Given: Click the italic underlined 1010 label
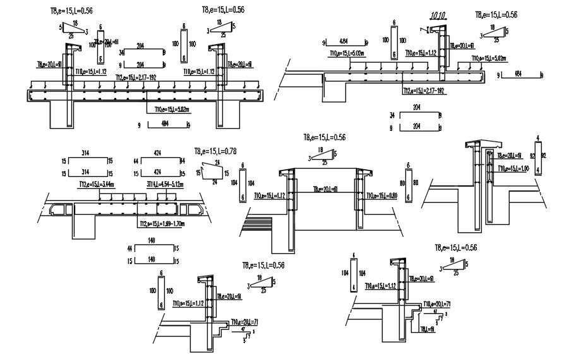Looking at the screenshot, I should coord(437,16).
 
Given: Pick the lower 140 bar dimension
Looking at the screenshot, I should coord(151,260).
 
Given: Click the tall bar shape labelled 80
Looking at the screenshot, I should coord(408,183).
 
